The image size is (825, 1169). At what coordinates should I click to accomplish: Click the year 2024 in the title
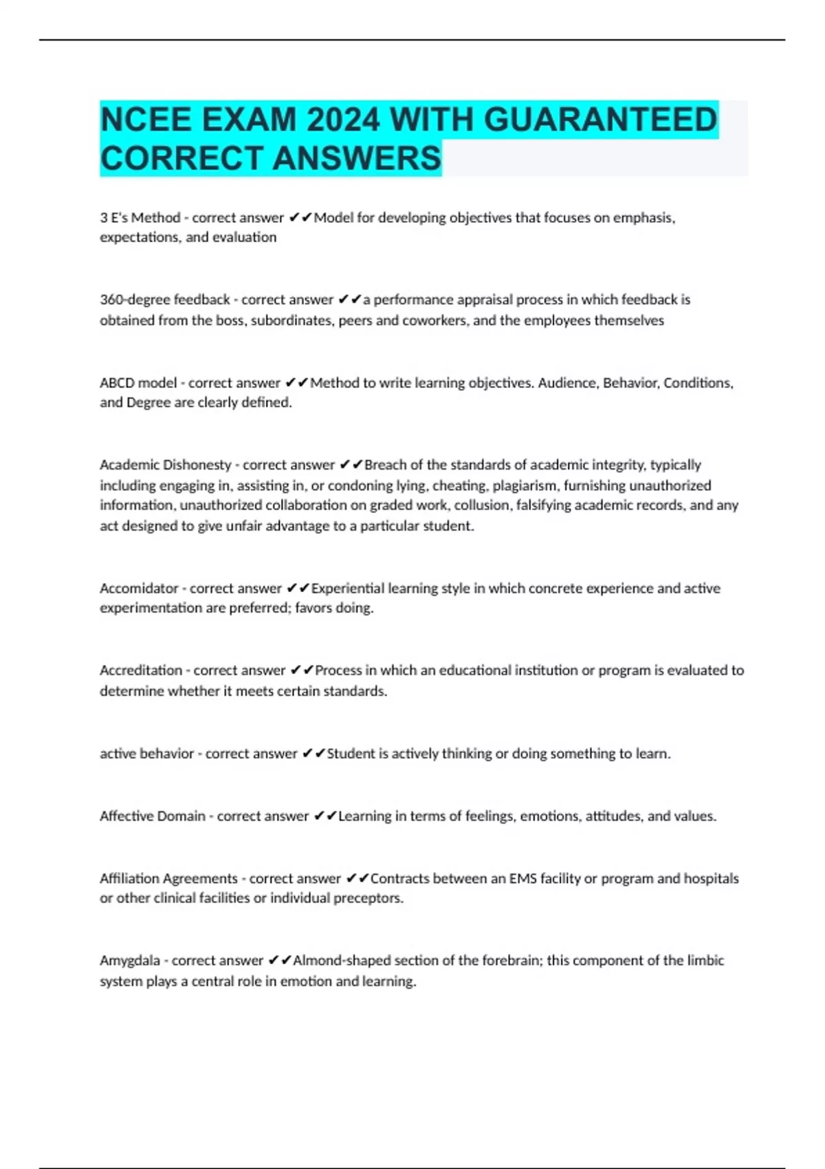coord(343,120)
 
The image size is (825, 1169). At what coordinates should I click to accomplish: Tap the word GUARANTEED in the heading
coord(600,120)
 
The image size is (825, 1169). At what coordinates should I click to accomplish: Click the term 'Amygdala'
coord(130,961)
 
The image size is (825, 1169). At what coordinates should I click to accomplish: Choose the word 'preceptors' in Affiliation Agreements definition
coord(368,898)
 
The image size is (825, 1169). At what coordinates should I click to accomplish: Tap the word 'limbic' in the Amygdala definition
coord(705,961)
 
